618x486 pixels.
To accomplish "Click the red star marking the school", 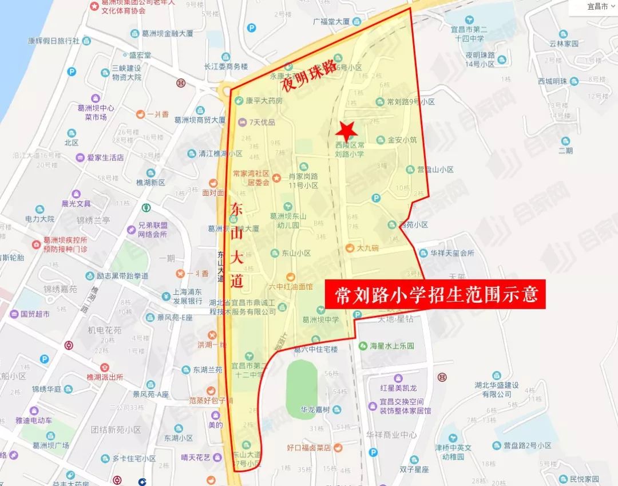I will point(347,131).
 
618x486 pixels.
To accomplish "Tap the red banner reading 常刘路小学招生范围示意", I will point(435,294).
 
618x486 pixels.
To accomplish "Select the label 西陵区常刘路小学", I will point(350,149).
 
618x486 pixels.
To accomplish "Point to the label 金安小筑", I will point(402,139).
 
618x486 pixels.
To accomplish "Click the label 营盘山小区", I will point(435,169).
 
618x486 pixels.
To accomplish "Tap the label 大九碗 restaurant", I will point(367,248).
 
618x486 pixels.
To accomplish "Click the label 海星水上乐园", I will point(392,346).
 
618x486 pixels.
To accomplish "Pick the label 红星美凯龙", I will point(394,388).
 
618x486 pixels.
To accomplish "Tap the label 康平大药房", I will point(264,101).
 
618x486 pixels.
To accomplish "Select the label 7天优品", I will point(262,122).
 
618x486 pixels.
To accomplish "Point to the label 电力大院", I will point(39,219).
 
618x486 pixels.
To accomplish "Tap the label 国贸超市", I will point(34,314).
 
